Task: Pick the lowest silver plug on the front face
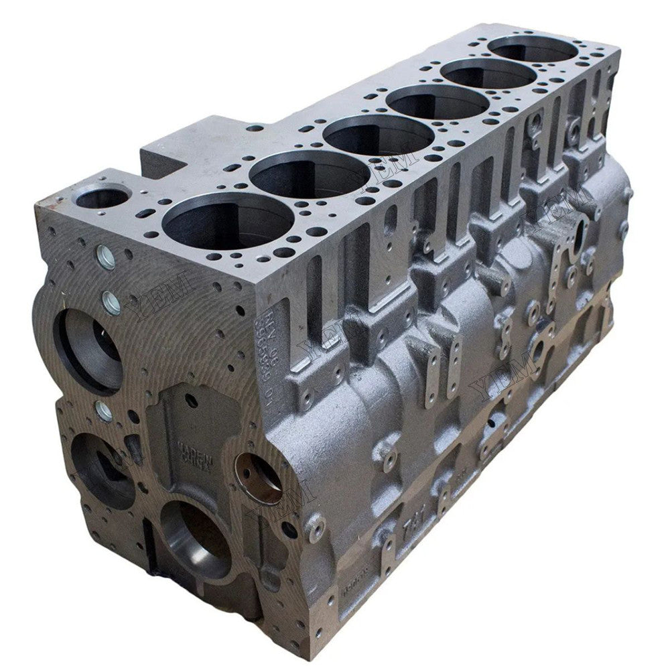104,410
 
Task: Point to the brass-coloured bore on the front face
260,478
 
